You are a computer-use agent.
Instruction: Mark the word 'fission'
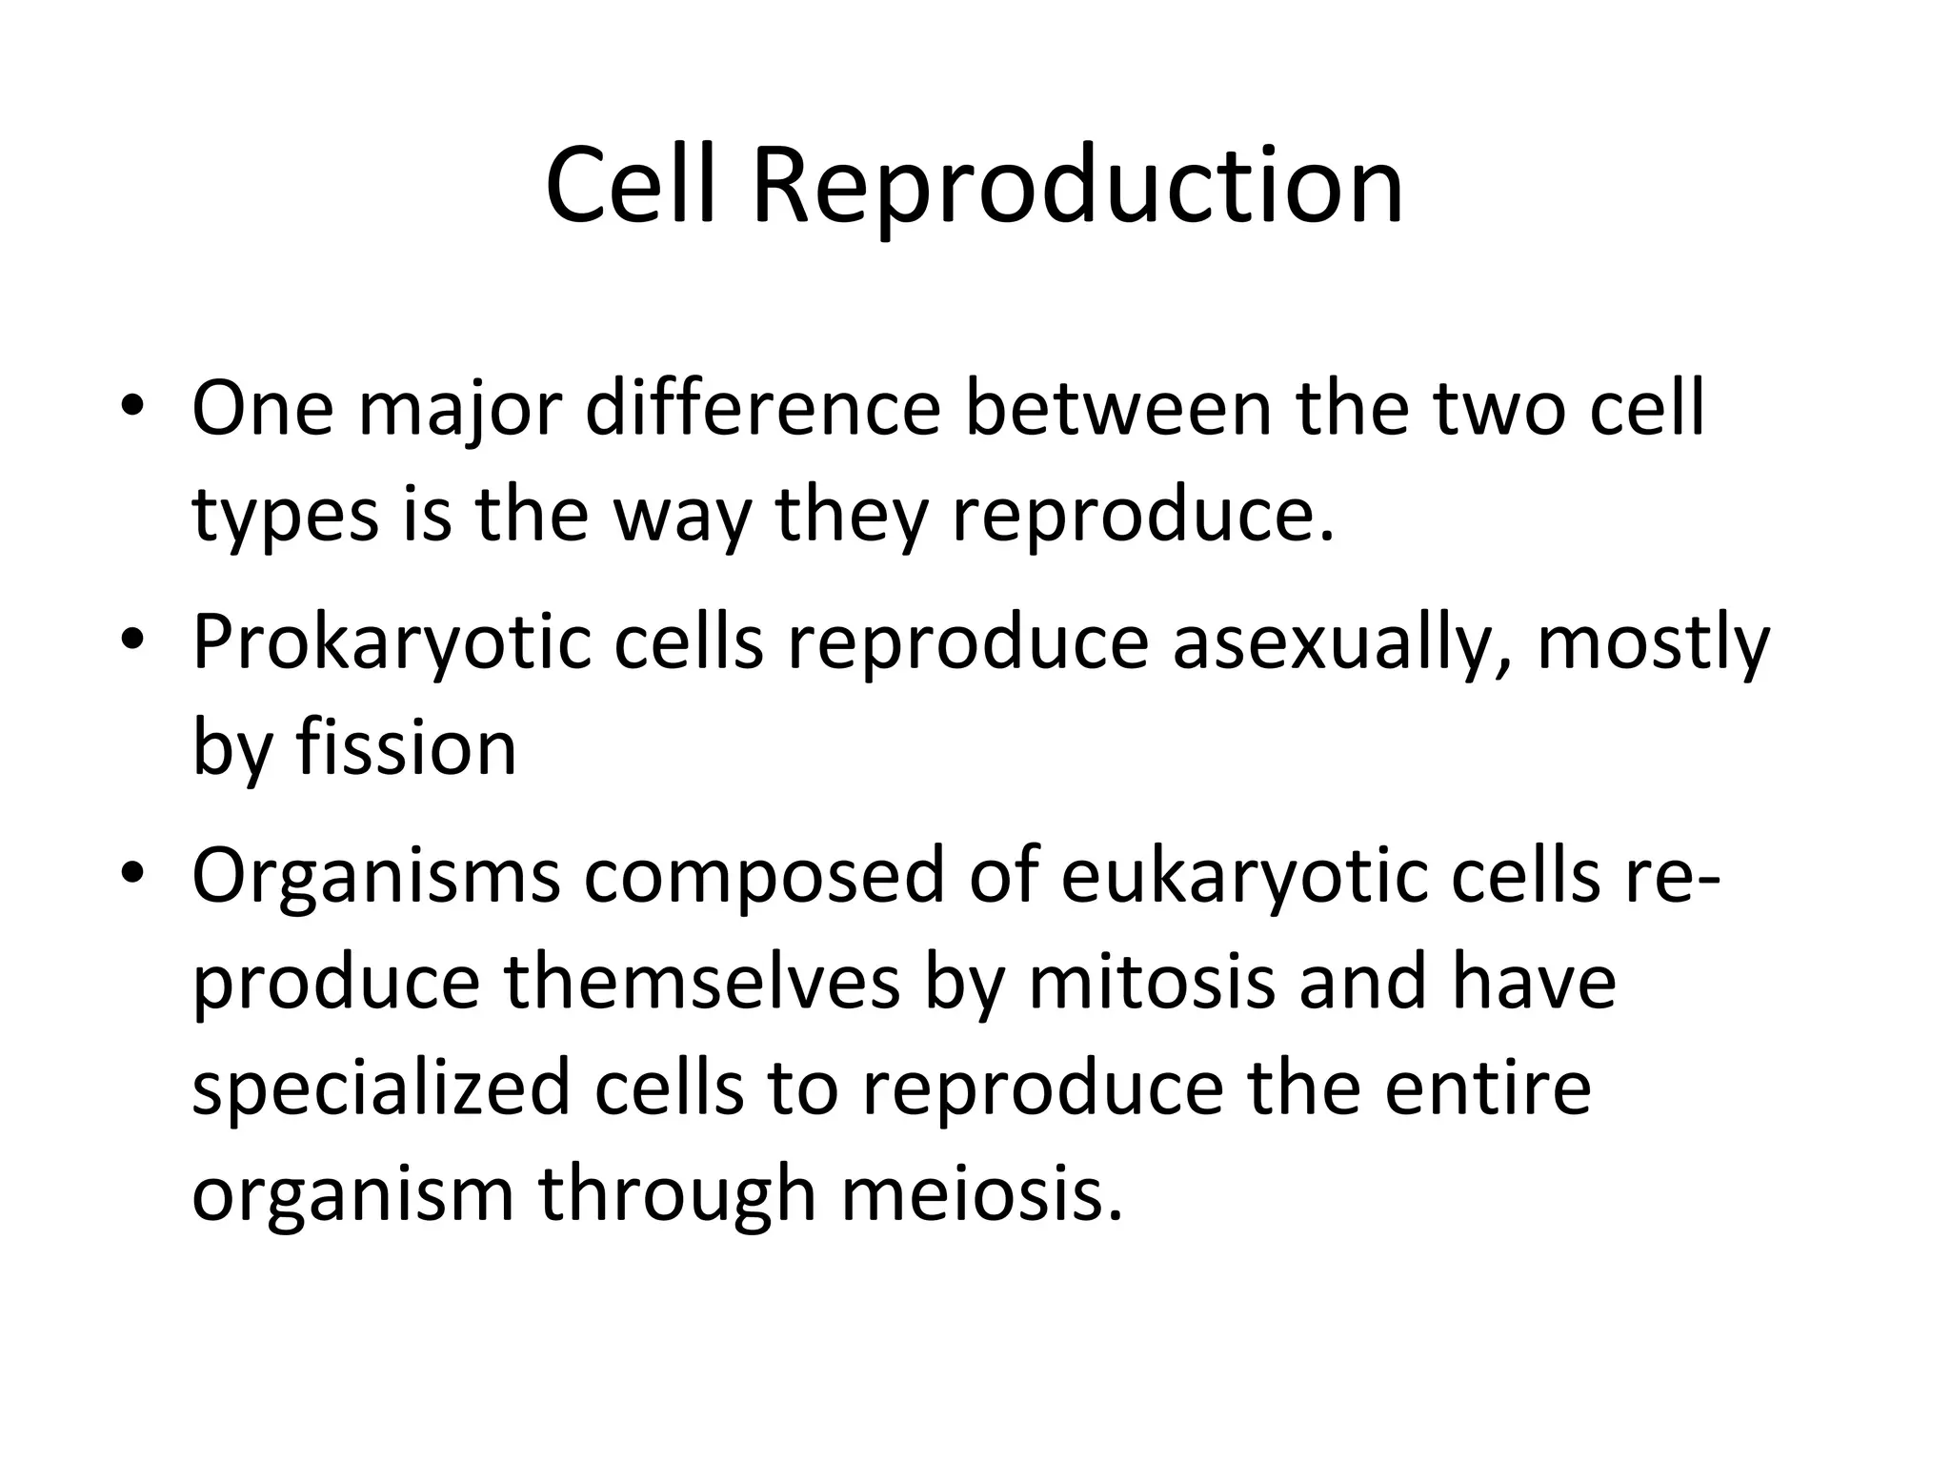406,747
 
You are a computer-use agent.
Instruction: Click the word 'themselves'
701,982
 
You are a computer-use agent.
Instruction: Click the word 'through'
677,1195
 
